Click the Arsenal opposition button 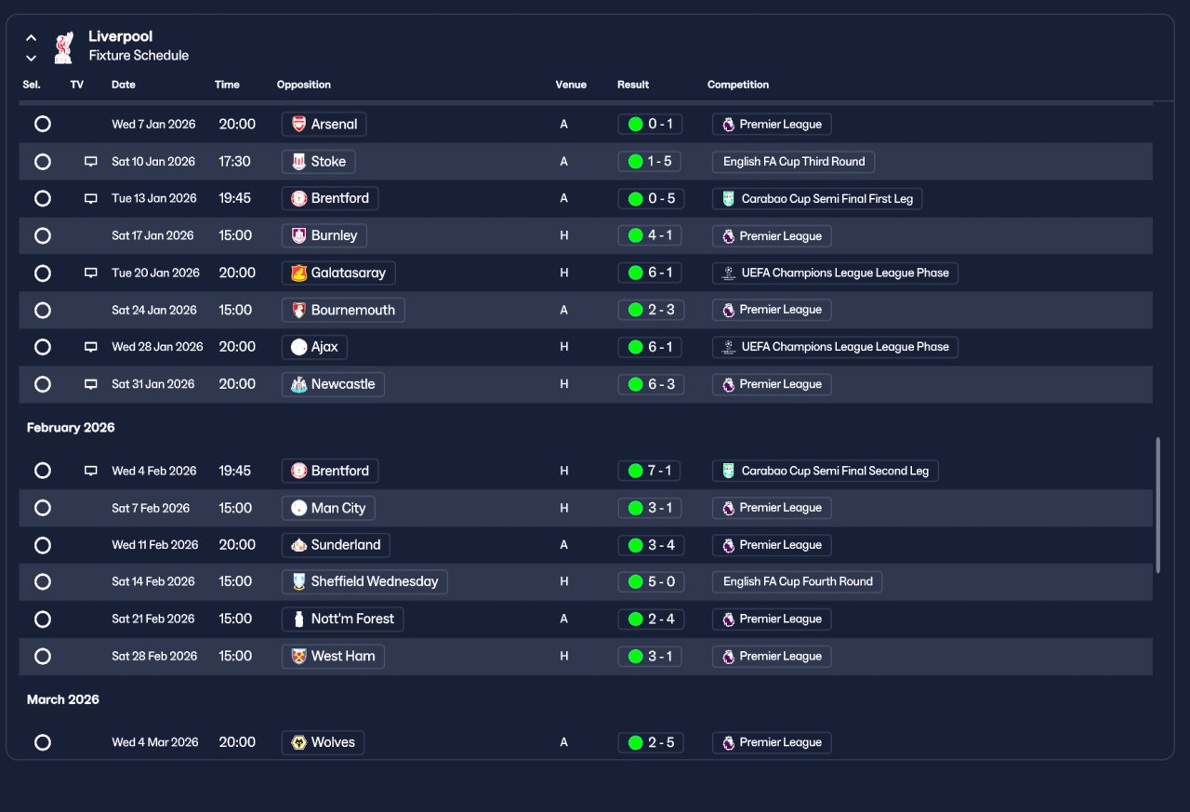(324, 124)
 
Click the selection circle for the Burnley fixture (43, 235)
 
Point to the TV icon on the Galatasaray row (91, 273)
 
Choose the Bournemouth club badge (299, 310)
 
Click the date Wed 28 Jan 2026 (157, 347)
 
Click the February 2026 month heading (71, 427)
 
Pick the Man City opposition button (328, 508)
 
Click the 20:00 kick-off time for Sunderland (237, 545)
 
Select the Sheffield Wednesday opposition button (364, 581)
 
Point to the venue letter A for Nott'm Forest (563, 619)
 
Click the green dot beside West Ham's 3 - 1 (635, 657)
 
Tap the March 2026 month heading (62, 699)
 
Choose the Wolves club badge (299, 742)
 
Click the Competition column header (738, 85)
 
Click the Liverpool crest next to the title (64, 47)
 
